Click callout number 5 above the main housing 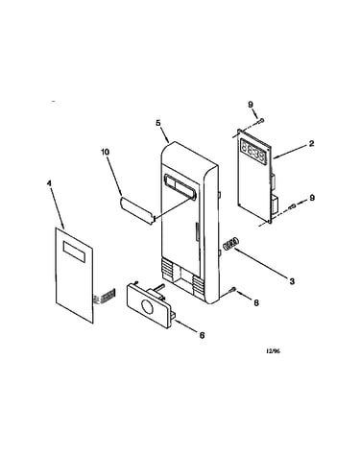157,124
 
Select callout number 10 105,152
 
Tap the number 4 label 49,183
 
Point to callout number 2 311,144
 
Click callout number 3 292,281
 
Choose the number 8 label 256,302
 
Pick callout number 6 202,335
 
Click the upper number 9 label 251,105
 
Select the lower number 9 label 312,198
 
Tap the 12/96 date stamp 273,351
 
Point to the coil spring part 231,244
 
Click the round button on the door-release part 147,307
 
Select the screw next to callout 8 232,290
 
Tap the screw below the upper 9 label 261,121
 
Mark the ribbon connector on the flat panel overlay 105,297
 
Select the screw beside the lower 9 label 292,207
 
